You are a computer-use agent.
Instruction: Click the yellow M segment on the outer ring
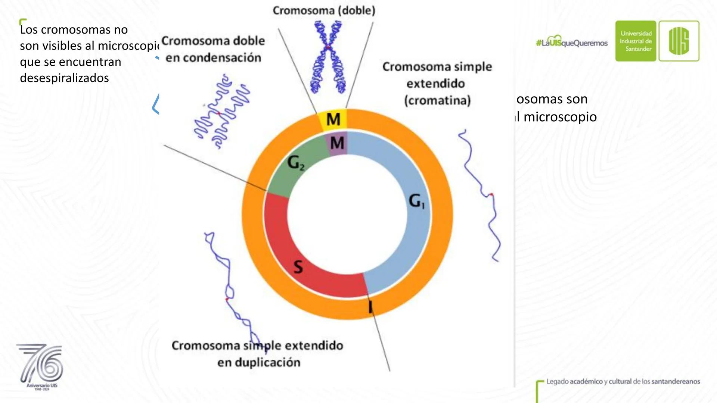[333, 119]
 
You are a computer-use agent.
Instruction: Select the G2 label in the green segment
[296, 163]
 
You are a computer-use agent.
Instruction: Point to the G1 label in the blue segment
[417, 201]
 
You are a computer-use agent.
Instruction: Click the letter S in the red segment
[298, 267]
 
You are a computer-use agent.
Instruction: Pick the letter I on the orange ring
[370, 307]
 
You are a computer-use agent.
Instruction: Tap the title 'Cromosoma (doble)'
[324, 10]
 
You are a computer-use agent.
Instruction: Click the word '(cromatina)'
[437, 100]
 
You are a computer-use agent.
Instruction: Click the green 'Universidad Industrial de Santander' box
[636, 41]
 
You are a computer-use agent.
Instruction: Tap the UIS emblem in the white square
[679, 41]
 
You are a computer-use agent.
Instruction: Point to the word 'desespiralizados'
[64, 78]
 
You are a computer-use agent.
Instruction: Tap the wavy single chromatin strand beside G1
[482, 194]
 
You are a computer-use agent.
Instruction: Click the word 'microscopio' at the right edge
[560, 117]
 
